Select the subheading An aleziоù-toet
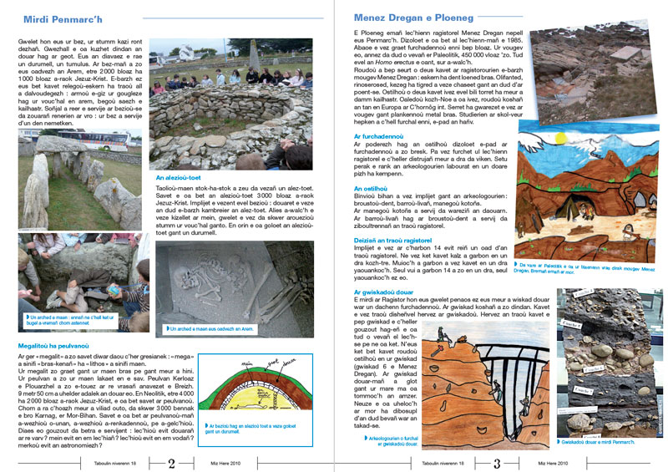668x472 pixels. pyautogui.click(x=178, y=177)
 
